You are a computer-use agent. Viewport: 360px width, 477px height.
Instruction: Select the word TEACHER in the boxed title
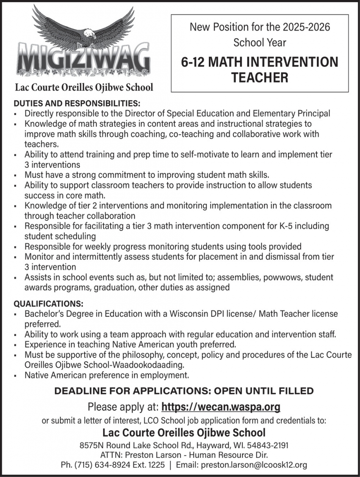click(x=260, y=78)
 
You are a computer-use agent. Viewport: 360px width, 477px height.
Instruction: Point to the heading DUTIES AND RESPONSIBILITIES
click(x=77, y=103)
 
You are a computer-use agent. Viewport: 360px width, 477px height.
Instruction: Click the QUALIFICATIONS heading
click(x=48, y=304)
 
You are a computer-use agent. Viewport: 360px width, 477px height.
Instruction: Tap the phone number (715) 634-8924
click(x=105, y=465)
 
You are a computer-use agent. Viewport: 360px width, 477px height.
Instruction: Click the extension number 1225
click(x=156, y=465)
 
